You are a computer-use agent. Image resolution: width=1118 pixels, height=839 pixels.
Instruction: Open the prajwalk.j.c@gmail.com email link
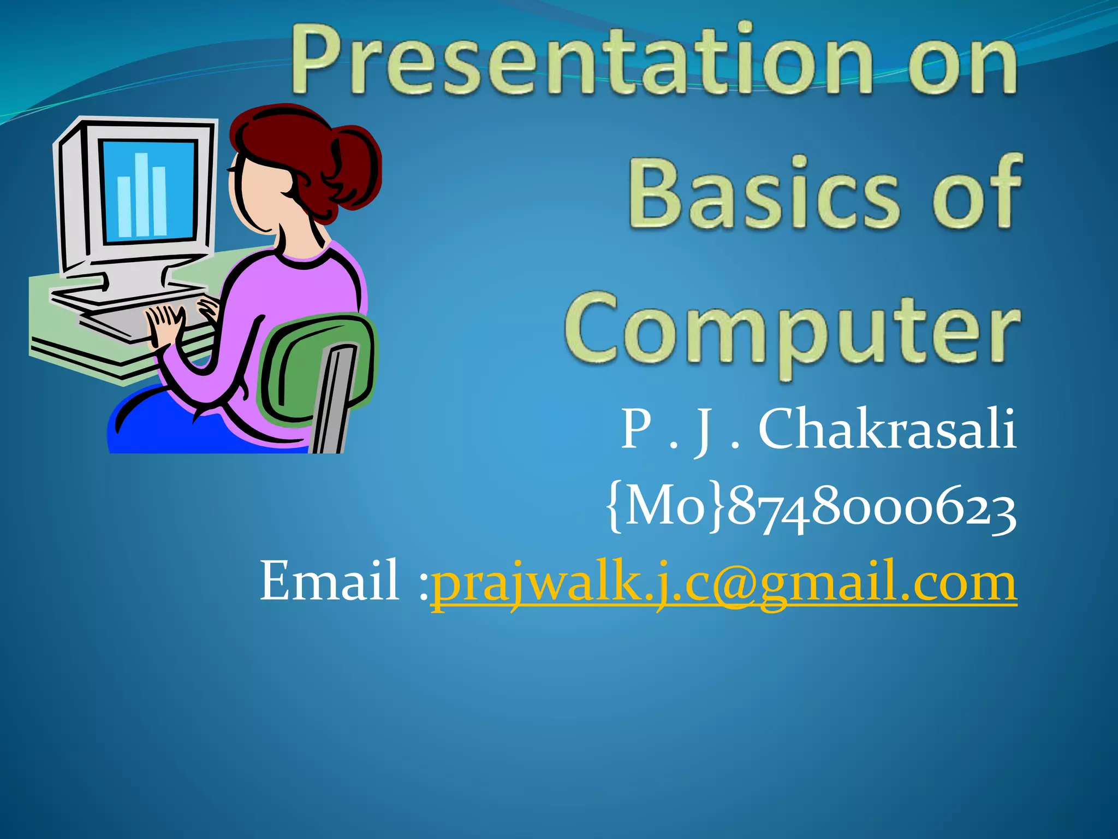tap(723, 582)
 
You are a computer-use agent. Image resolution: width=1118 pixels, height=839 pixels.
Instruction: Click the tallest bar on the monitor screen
tap(142, 194)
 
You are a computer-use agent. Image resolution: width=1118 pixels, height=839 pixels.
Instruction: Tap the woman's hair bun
tap(355, 164)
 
